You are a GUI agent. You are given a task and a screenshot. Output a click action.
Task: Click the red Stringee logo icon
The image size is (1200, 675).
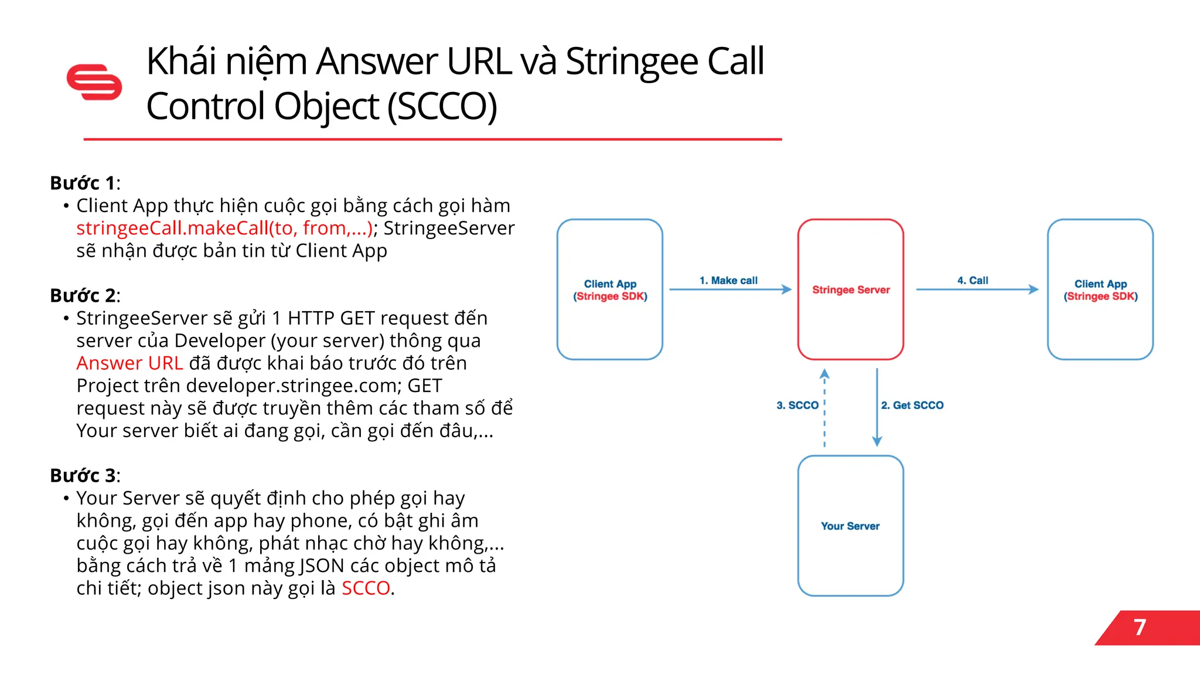click(94, 82)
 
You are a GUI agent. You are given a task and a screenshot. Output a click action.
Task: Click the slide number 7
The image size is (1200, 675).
click(1140, 628)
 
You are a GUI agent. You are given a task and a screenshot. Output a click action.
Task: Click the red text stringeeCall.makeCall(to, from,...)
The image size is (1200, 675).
click(224, 228)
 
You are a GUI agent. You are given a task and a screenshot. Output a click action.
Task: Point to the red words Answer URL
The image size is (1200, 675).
click(129, 363)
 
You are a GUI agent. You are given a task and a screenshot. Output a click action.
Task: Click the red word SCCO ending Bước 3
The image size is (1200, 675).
click(366, 588)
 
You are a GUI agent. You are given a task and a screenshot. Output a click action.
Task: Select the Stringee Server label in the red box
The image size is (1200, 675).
click(851, 289)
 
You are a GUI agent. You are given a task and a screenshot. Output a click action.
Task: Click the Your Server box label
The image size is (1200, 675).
click(850, 526)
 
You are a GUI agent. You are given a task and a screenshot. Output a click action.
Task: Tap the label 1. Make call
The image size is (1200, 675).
click(728, 281)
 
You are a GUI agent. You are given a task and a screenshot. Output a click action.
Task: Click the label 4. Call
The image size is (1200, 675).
click(973, 281)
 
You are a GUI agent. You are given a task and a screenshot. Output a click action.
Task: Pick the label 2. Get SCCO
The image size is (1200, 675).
click(912, 405)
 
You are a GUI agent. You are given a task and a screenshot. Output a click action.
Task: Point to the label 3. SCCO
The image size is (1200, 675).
click(797, 405)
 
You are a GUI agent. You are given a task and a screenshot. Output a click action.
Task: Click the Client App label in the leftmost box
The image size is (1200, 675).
click(610, 284)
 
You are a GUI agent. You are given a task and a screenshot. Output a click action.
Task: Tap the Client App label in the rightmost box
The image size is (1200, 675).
click(1100, 284)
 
